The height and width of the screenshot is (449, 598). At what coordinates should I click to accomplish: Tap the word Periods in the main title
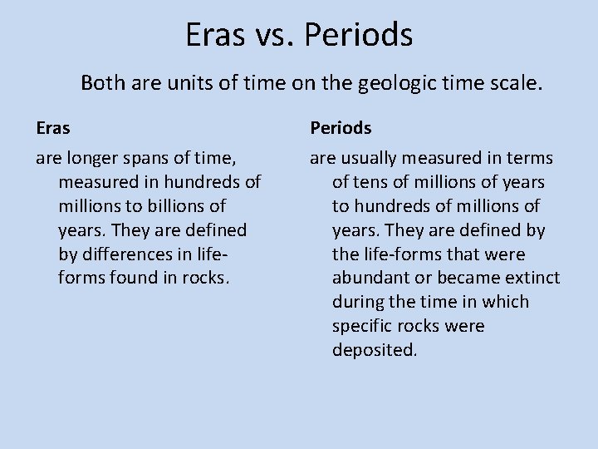(x=358, y=35)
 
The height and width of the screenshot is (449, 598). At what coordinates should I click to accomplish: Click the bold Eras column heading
(x=53, y=128)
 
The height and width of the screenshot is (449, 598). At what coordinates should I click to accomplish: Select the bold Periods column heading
(x=341, y=128)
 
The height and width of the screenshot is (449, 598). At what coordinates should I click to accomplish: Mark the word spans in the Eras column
(x=145, y=158)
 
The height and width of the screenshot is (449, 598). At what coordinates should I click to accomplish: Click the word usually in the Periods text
(x=368, y=158)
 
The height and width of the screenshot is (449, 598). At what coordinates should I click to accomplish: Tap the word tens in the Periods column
(x=368, y=182)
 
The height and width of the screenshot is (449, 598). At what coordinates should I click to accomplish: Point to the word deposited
(x=374, y=350)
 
